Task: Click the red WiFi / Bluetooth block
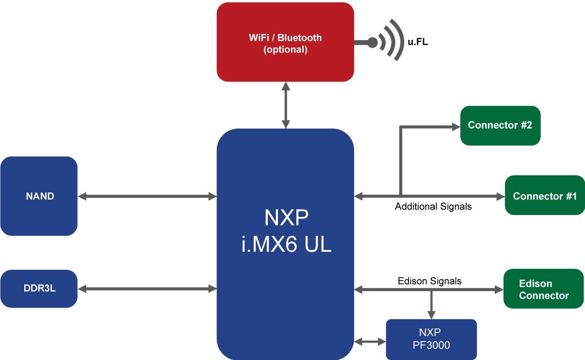point(285,42)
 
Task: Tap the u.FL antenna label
point(418,42)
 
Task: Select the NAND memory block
point(39,196)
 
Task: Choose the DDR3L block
point(39,288)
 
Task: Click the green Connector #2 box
point(500,125)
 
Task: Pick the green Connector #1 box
point(545,195)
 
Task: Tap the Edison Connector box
point(543,289)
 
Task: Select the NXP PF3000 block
point(431,339)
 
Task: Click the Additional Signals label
point(433,206)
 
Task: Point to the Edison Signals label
point(429,281)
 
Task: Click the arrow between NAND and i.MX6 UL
point(147,196)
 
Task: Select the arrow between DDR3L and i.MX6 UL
point(147,289)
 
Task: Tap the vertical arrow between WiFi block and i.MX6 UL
point(286,105)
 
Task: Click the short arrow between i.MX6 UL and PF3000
point(370,342)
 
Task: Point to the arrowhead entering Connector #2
point(456,127)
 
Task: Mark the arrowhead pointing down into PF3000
point(431,315)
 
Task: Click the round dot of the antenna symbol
point(373,42)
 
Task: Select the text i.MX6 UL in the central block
point(286,245)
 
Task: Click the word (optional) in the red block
point(285,49)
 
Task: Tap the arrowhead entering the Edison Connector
point(499,290)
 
